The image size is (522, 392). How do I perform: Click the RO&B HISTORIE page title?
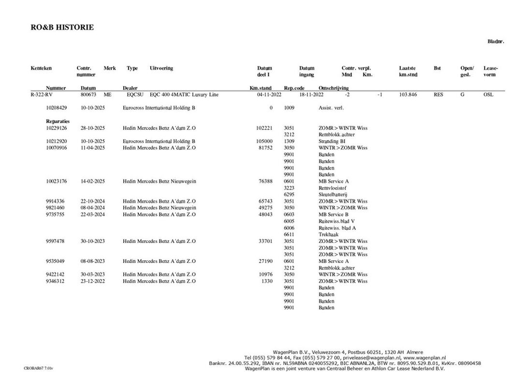(62, 28)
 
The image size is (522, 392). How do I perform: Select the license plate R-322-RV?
(41, 95)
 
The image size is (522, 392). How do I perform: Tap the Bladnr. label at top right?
(495, 42)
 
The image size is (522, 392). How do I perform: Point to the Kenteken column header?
(41, 68)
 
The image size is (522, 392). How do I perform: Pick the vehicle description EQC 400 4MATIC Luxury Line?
(184, 95)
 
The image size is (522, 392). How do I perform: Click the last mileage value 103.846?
(408, 95)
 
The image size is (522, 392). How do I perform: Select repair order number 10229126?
(56, 128)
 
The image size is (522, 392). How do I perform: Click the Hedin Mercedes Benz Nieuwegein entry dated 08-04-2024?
(159, 208)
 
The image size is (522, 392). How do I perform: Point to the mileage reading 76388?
(266, 181)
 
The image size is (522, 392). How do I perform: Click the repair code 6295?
(289, 195)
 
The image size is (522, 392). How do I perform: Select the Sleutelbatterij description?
(333, 195)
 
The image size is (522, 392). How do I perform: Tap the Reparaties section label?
(58, 121)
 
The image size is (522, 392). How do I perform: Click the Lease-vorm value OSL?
(489, 95)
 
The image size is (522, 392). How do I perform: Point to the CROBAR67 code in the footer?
(38, 368)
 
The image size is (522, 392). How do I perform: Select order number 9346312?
(56, 281)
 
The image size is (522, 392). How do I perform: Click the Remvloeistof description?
(333, 188)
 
